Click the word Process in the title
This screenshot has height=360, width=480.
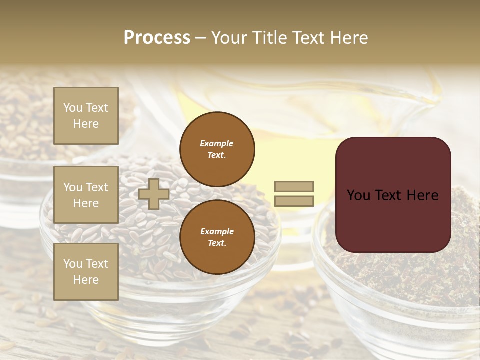(157, 38)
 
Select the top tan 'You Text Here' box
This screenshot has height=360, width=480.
(86, 116)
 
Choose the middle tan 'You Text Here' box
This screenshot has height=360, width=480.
(86, 195)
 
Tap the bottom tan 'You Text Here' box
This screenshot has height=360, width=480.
(86, 272)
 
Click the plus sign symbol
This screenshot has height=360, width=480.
(154, 194)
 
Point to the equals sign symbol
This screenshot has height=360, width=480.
(294, 194)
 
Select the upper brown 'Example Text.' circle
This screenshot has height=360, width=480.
(217, 149)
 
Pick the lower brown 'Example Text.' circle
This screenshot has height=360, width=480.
(217, 237)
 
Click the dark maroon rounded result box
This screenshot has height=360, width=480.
(393, 194)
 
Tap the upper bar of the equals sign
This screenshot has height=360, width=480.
(294, 187)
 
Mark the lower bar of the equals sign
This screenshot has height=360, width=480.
(294, 201)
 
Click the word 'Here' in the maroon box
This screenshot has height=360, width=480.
(422, 195)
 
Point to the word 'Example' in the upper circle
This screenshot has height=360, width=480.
(217, 144)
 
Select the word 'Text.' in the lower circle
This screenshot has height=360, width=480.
(217, 243)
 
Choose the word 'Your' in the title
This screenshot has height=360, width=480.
(229, 38)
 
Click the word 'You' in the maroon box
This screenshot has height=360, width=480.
(358, 195)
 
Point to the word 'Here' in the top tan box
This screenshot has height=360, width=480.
(86, 124)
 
